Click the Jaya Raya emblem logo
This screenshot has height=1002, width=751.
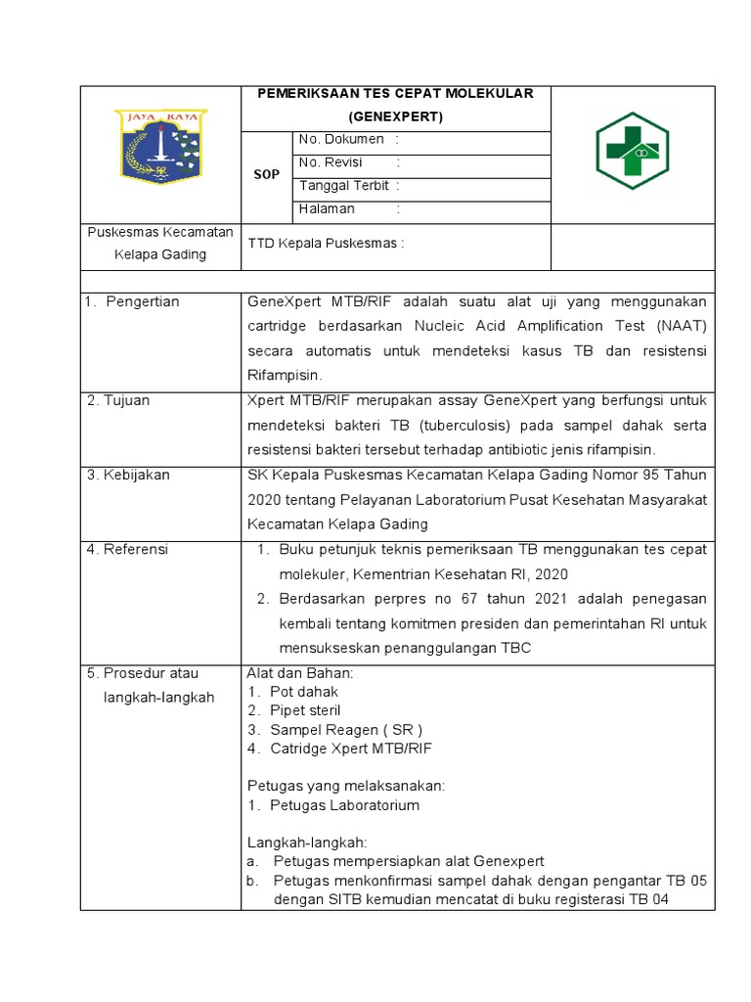coord(159,147)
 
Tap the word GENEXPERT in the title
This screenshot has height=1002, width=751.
coord(395,117)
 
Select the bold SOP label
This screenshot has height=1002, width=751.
coord(267,174)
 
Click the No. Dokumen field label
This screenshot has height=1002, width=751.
coord(341,140)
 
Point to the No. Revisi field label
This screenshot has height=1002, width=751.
coord(331,162)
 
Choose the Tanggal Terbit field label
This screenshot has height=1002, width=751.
coord(344,186)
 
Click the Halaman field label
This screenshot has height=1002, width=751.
coord(327,209)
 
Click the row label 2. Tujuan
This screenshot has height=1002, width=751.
coord(122,400)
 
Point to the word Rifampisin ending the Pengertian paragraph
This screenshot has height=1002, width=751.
coord(285,375)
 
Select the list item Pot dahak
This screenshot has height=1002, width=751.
coord(303,692)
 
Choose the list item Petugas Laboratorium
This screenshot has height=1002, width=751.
coord(344,805)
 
